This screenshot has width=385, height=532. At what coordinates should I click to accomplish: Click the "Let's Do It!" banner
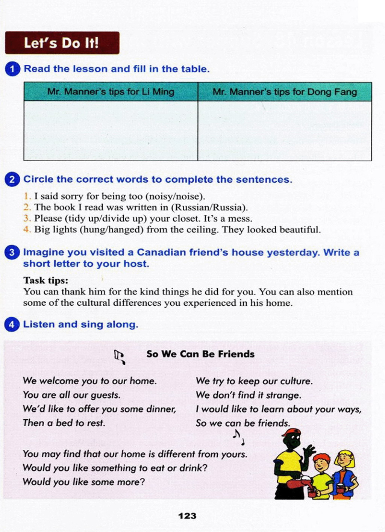click(62, 43)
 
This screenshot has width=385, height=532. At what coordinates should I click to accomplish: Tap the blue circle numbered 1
click(12, 69)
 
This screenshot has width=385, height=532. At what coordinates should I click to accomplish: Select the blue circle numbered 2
click(12, 179)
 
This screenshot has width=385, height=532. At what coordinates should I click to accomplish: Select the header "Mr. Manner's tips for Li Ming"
click(111, 92)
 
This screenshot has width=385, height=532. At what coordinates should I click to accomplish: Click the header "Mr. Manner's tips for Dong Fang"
click(285, 92)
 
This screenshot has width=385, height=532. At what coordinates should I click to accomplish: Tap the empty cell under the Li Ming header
click(111, 131)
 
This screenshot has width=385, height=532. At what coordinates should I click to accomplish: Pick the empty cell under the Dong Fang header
click(285, 131)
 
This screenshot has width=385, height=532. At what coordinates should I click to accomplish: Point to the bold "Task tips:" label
click(45, 280)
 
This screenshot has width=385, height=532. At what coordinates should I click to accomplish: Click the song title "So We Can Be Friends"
click(200, 354)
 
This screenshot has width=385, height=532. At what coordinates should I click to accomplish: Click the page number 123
click(187, 516)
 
